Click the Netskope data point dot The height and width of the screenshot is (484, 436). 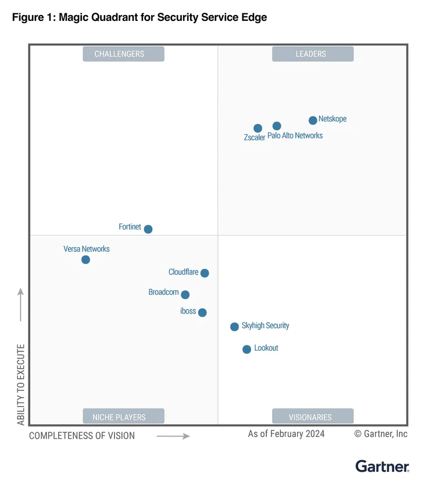click(313, 120)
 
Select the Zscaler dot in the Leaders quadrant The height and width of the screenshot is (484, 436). click(258, 128)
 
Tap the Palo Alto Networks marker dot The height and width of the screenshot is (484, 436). click(277, 126)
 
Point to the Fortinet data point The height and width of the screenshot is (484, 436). click(148, 229)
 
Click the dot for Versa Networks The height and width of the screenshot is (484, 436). click(85, 259)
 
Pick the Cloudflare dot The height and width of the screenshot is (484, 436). click(205, 273)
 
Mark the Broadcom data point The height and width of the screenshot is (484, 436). click(185, 295)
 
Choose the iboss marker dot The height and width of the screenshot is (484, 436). click(202, 312)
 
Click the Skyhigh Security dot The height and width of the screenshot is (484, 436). click(234, 327)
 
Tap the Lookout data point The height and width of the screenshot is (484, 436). click(246, 350)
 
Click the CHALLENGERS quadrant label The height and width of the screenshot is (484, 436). click(123, 54)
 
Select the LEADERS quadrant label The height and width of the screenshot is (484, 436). click(313, 54)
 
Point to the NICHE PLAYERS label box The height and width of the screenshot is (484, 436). click(123, 417)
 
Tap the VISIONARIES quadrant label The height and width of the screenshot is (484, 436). click(313, 417)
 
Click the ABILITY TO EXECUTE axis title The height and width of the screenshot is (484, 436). click(21, 385)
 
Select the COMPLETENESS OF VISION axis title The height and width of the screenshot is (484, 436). click(82, 435)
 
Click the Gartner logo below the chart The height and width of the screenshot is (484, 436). click(383, 466)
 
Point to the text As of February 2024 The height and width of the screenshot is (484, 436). click(286, 434)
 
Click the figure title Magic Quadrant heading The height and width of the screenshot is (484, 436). click(140, 17)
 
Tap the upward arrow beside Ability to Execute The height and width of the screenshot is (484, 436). click(21, 304)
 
